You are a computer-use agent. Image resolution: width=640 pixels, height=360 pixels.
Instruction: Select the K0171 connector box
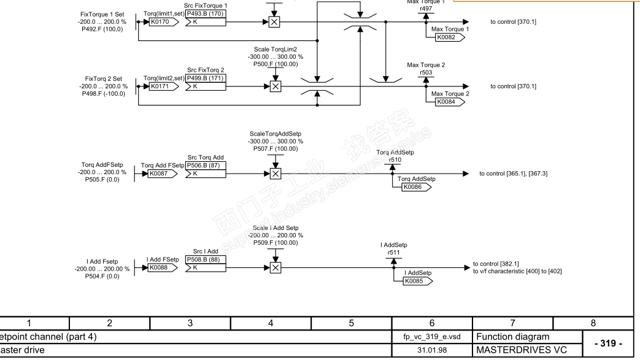pos(162,87)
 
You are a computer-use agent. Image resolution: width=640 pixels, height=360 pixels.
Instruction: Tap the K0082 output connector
pos(449,37)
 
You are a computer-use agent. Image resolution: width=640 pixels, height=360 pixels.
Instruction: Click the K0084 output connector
pos(449,102)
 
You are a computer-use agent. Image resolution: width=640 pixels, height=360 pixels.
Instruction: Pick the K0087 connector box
pos(162,174)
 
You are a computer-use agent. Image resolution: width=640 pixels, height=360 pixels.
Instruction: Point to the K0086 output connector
pos(416,187)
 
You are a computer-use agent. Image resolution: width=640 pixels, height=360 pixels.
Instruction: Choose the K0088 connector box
pos(162,267)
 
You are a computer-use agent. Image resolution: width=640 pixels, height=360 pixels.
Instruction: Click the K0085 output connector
pos(417,281)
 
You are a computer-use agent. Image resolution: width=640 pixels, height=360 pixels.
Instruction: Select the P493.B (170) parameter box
pos(206,13)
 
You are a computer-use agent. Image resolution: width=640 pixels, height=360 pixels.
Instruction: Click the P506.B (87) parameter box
pos(206,165)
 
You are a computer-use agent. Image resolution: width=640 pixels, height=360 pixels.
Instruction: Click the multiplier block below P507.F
pos(275,174)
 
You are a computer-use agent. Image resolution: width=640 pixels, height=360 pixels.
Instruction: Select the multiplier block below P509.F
pos(275,267)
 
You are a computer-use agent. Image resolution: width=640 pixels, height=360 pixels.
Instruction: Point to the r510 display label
pos(391,159)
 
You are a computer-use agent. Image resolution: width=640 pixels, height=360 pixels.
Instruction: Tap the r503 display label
pos(425,72)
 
